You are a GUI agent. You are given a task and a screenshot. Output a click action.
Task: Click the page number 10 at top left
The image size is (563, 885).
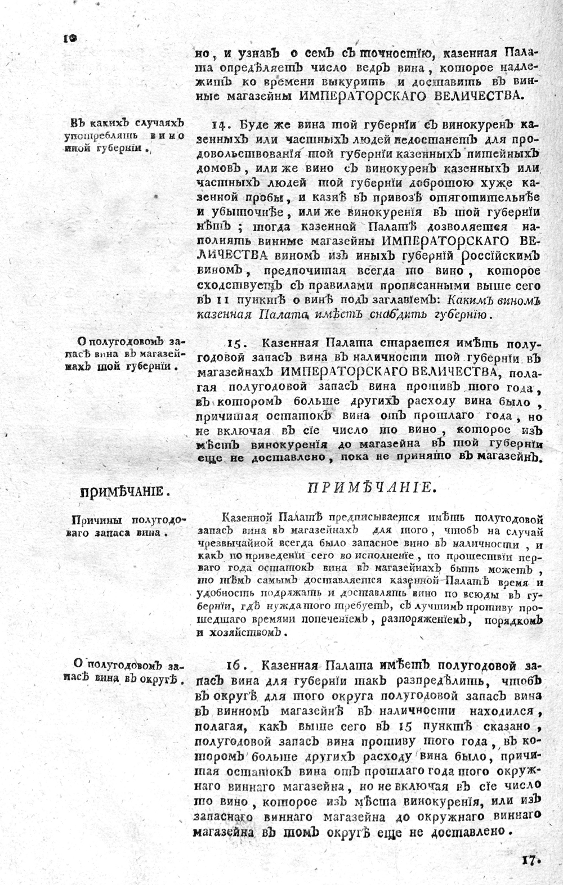(70, 38)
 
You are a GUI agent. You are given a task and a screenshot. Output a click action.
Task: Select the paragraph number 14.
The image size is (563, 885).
(218, 124)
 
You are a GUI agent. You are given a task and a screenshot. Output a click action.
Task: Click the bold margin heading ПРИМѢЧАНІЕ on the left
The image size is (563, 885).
(124, 492)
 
